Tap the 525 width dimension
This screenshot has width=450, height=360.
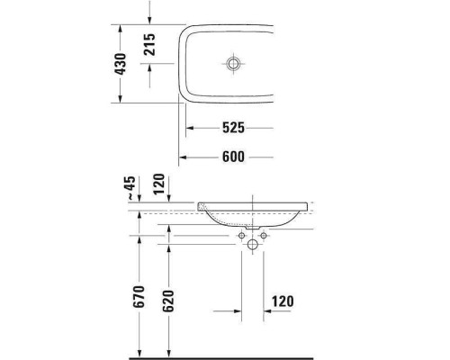pyautogui.click(x=233, y=129)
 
